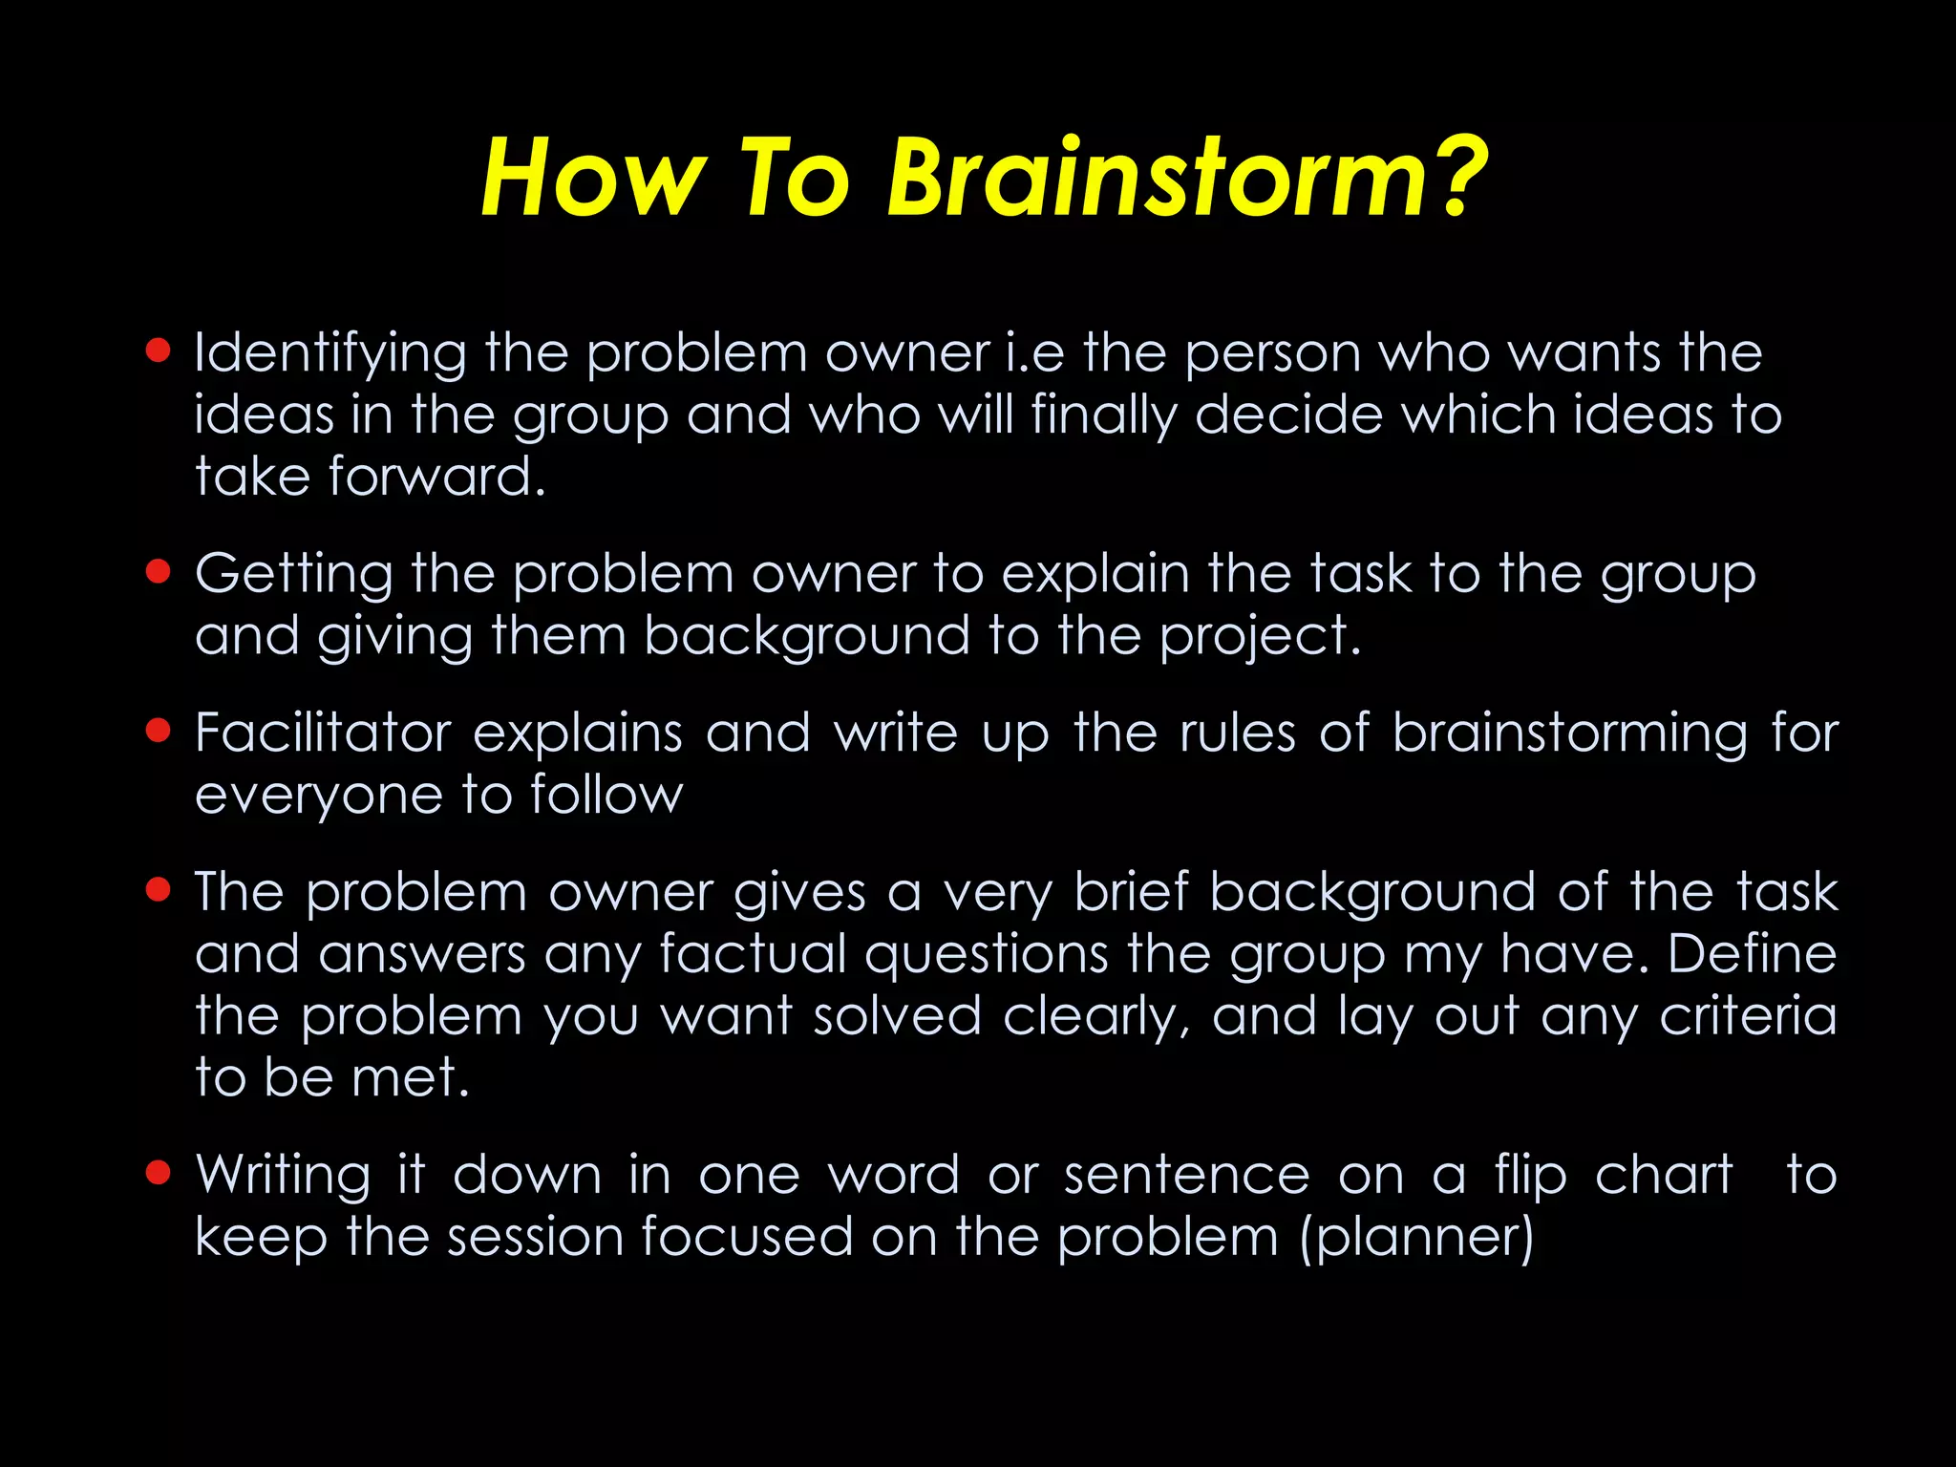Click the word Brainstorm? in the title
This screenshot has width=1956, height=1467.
[x=1187, y=179]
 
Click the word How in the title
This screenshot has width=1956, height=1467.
[x=592, y=179]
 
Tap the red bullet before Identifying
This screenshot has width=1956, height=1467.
[x=158, y=351]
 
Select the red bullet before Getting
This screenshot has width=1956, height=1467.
[x=158, y=571]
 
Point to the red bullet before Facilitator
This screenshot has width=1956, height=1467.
[x=158, y=731]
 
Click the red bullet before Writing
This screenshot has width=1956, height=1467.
[x=158, y=1172]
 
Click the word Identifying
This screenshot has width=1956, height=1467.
[x=330, y=354]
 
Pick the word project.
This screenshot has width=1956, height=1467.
[x=1260, y=638]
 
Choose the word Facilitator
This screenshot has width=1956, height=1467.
[x=323, y=733]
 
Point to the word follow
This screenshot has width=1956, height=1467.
[x=606, y=795]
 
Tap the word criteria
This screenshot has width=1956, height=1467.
[x=1748, y=1015]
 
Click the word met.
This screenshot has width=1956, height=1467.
[x=411, y=1077]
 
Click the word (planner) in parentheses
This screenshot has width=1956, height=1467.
[x=1417, y=1238]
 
